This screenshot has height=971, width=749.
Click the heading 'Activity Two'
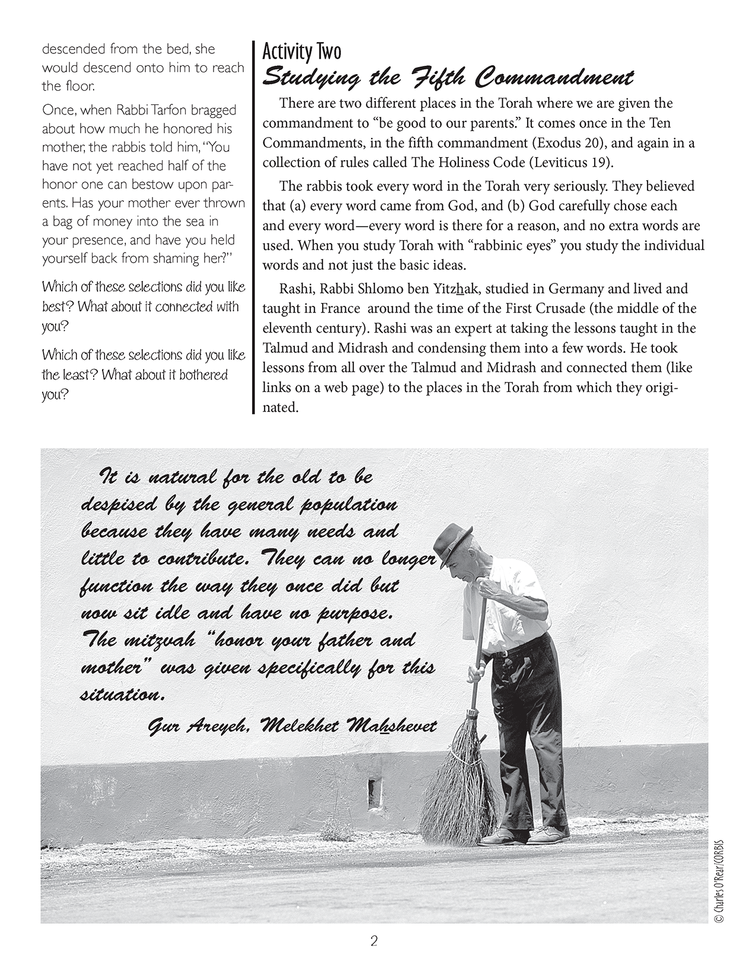point(302,52)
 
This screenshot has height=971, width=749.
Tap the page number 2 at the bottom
point(374,941)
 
